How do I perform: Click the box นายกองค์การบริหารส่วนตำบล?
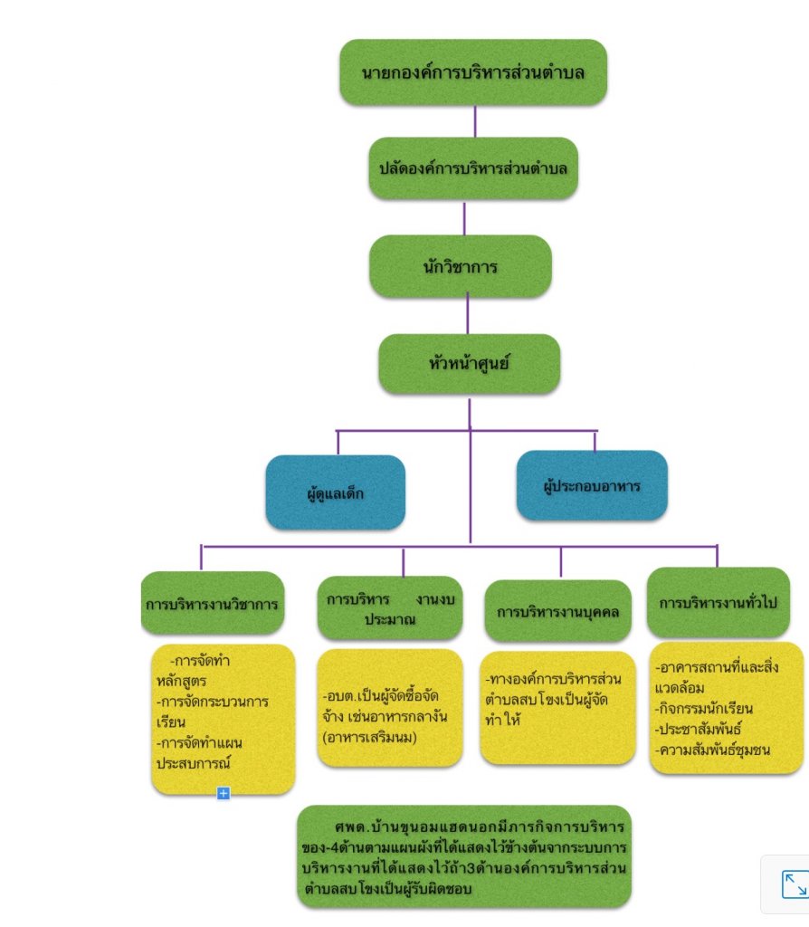[472, 72]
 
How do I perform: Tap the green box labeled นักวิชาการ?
[460, 266]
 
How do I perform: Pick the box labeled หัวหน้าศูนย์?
[469, 364]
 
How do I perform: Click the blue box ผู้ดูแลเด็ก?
[335, 492]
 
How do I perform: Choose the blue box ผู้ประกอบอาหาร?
[592, 485]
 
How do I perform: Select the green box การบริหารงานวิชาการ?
[213, 603]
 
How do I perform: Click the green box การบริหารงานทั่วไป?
[718, 602]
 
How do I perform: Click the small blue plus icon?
[224, 793]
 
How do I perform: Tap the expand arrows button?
[794, 884]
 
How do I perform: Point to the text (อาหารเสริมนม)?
[376, 737]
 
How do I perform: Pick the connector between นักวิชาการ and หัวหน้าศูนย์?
[468, 315]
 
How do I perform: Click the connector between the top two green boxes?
[474, 120]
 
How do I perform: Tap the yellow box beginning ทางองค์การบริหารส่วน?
[557, 706]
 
